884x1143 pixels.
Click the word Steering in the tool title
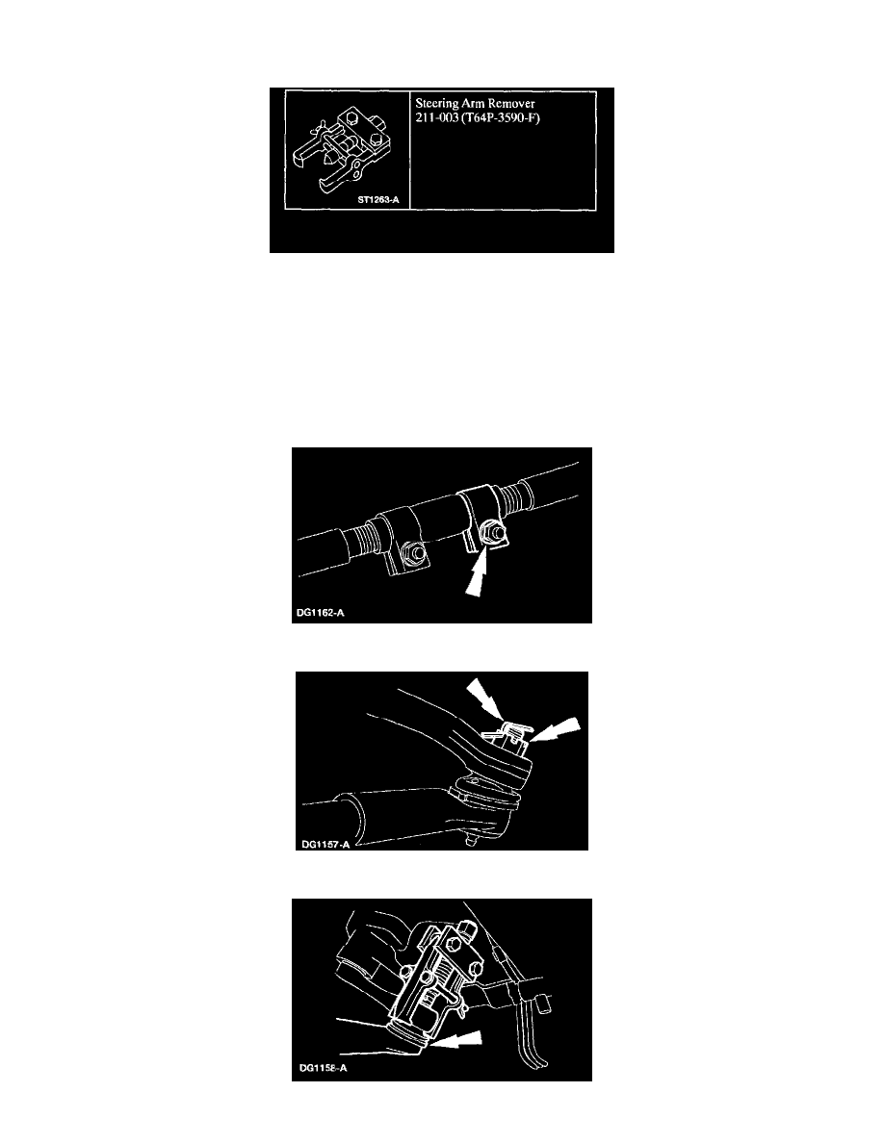(436, 104)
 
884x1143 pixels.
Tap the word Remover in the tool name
(511, 104)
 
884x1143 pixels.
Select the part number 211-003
(436, 118)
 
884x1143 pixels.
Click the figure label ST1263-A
(378, 199)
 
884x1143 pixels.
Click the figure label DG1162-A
(321, 612)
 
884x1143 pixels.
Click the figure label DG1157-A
(326, 844)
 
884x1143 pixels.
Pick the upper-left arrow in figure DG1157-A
(484, 697)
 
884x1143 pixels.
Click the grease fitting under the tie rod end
(471, 841)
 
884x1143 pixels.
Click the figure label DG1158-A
(324, 1069)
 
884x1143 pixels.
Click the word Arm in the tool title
(473, 104)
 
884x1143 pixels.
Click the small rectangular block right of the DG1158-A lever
(543, 1007)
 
